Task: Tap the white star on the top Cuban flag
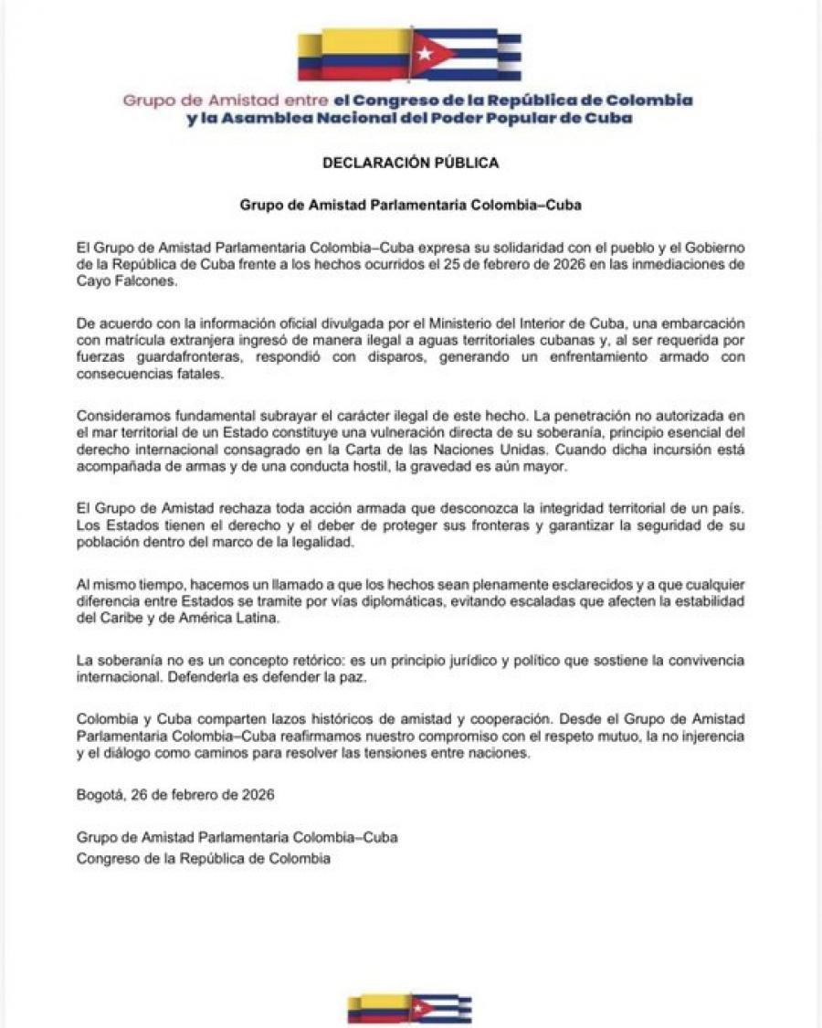[423, 53]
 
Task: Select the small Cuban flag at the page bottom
[440, 1008]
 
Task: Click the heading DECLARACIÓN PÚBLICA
[411, 163]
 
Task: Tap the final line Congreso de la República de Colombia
[204, 858]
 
